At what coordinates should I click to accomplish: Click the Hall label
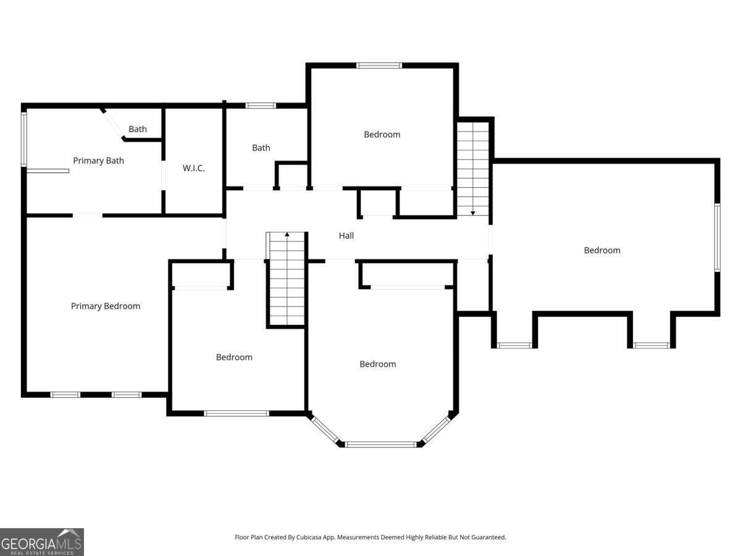coord(346,235)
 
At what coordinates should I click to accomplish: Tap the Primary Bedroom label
coord(106,306)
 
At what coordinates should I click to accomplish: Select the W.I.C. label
coord(193,168)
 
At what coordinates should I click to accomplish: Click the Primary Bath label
coord(98,161)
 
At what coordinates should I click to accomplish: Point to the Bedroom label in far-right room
coord(602,250)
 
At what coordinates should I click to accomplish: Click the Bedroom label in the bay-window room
coord(377,364)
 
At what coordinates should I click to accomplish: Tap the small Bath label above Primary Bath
coord(138,129)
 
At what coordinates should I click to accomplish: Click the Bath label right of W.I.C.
coord(261,148)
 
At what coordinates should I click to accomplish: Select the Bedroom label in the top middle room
coord(382,134)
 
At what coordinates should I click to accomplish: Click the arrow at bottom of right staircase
coord(473,213)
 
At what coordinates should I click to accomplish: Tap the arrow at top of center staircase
coord(287,235)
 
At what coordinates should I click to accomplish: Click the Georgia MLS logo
coord(42,542)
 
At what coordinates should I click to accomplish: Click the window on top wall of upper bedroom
coord(379,65)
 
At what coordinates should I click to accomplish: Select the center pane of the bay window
coord(380,444)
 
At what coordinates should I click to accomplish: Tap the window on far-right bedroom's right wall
coord(718,237)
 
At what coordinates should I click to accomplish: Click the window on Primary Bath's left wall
coord(24,139)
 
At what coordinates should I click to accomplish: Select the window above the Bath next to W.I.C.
coord(261,106)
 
